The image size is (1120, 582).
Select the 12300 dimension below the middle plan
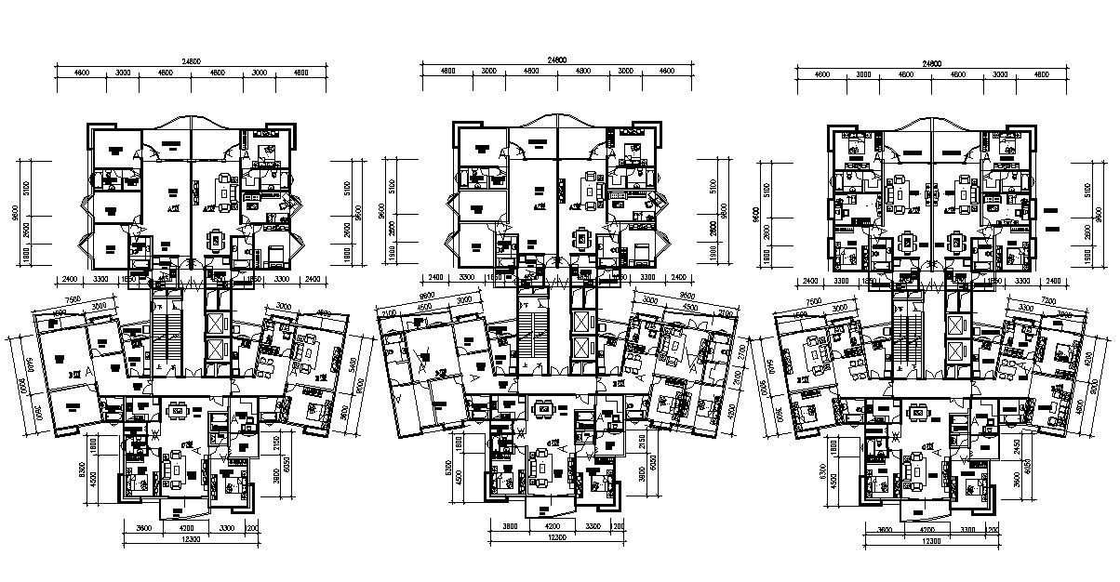555,537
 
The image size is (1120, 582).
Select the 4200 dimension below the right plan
918,529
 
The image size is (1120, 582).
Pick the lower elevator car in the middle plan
582,351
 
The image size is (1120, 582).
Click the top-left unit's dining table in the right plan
906,244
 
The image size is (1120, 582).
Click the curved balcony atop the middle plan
558,124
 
